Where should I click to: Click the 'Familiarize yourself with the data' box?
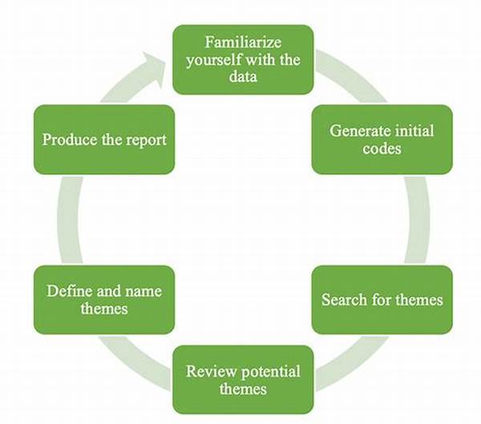pyautogui.click(x=243, y=59)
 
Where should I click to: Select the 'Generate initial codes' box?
pyautogui.click(x=382, y=139)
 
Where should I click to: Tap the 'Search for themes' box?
pyautogui.click(x=382, y=300)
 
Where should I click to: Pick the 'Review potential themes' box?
pyautogui.click(x=243, y=380)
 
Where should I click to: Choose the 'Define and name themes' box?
pyautogui.click(x=104, y=300)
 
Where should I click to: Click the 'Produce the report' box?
pyautogui.click(x=104, y=139)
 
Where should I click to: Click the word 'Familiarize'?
pyautogui.click(x=243, y=42)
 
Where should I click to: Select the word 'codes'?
pyautogui.click(x=382, y=148)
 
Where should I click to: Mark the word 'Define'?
pyautogui.click(x=68, y=291)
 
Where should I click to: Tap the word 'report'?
pyautogui.click(x=146, y=139)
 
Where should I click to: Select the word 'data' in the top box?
pyautogui.click(x=243, y=77)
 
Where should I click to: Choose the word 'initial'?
pyautogui.click(x=413, y=131)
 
